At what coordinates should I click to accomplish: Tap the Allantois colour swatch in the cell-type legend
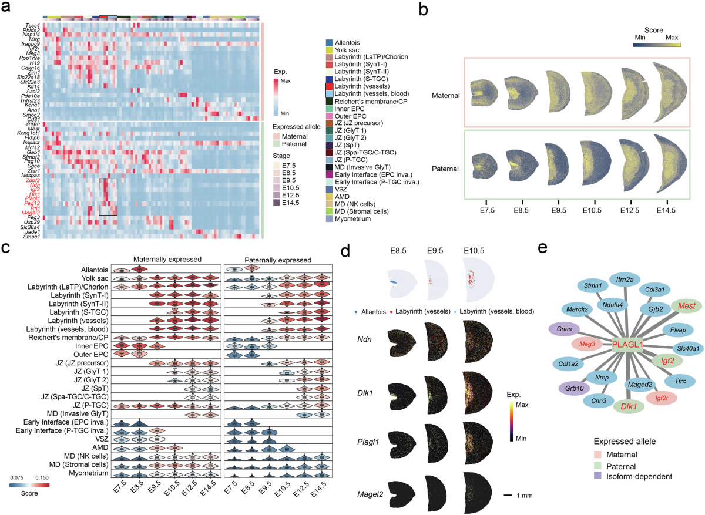[328, 42]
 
